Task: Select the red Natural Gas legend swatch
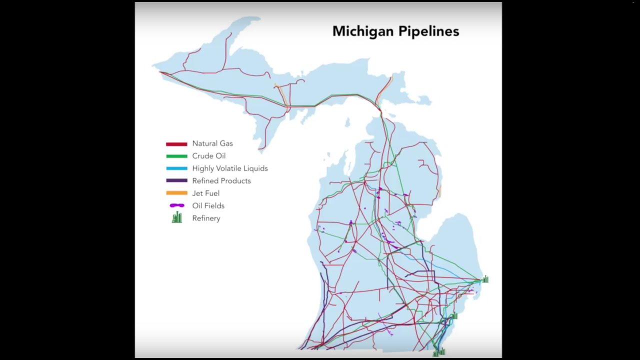click(176, 144)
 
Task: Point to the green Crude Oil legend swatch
click(176, 156)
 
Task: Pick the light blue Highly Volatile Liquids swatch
click(176, 168)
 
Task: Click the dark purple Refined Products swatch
click(176, 180)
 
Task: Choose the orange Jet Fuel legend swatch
click(176, 193)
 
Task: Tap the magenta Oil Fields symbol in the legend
click(176, 205)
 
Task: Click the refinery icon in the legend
click(176, 217)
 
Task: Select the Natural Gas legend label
click(212, 143)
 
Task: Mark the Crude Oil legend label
click(208, 156)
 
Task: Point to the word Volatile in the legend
click(230, 168)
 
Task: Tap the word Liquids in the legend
click(256, 168)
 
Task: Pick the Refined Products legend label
click(221, 181)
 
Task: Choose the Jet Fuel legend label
click(205, 193)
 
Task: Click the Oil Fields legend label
click(208, 205)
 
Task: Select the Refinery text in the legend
click(206, 218)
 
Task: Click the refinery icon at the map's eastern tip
click(485, 279)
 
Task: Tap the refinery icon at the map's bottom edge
click(439, 352)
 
